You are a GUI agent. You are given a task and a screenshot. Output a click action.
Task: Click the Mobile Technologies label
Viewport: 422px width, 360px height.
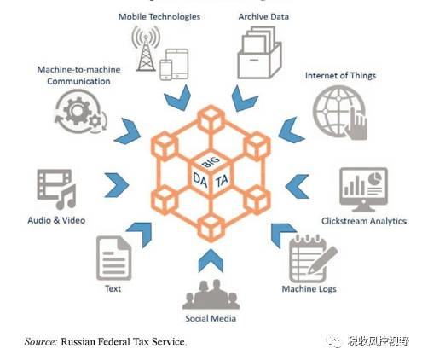click(159, 17)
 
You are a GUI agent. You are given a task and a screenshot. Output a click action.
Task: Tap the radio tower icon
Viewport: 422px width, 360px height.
click(146, 49)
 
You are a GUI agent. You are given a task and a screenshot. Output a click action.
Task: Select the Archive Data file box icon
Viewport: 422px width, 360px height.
click(259, 52)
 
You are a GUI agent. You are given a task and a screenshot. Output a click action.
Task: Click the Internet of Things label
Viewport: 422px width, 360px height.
click(340, 76)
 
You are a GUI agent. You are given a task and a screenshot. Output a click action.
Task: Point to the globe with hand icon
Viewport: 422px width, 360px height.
click(340, 113)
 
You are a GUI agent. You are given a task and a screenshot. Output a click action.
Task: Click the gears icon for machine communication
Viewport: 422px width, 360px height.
click(81, 112)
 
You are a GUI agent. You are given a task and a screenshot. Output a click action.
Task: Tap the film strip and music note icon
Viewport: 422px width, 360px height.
click(56, 189)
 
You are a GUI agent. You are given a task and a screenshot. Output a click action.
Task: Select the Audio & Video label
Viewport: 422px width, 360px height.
click(56, 220)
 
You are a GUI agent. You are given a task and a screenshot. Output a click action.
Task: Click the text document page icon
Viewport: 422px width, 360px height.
click(114, 258)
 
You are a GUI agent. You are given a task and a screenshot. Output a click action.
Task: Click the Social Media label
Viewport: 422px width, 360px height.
click(211, 318)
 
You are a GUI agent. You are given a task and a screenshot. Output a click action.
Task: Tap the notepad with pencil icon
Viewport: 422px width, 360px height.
click(313, 258)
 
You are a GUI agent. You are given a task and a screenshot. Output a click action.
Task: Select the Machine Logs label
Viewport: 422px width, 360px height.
click(309, 289)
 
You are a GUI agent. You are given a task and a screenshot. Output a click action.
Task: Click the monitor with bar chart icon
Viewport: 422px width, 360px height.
click(364, 189)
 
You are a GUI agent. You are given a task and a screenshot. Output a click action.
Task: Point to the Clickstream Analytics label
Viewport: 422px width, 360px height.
click(364, 221)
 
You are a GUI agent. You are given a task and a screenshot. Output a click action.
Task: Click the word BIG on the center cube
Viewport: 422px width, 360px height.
click(211, 161)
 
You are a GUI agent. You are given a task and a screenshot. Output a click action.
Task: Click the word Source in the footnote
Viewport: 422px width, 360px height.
click(41, 341)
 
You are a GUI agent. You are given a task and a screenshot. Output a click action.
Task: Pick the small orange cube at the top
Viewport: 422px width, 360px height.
click(211, 119)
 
